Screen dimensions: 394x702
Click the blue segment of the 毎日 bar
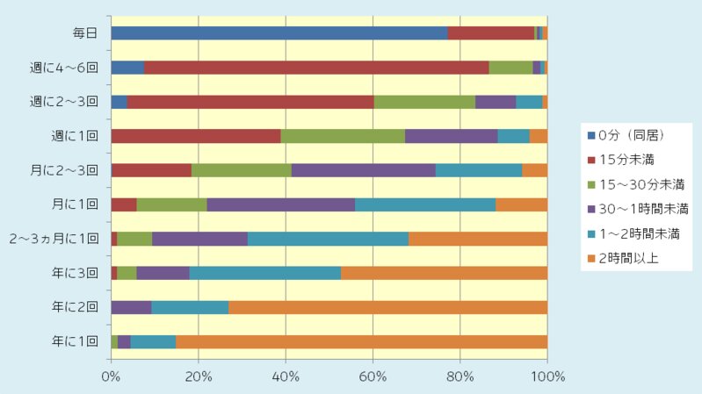(279, 33)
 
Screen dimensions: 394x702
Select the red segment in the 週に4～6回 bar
(316, 68)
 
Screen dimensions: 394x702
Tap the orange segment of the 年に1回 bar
(361, 341)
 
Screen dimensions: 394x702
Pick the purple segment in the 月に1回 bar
(280, 204)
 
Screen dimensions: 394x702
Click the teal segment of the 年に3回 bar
(264, 273)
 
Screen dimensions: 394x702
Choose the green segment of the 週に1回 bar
(343, 136)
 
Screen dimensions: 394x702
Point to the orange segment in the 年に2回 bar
(387, 307)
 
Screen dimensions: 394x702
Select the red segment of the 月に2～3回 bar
(151, 170)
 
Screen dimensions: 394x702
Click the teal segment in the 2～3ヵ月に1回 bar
(328, 239)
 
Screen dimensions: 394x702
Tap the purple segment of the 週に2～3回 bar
(496, 102)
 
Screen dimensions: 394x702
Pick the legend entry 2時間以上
(629, 258)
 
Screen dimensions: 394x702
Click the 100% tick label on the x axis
(546, 377)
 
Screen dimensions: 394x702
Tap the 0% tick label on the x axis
(112, 377)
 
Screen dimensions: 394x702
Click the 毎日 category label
(85, 33)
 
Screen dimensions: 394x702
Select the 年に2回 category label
(79, 307)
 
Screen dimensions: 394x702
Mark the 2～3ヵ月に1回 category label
(54, 239)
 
